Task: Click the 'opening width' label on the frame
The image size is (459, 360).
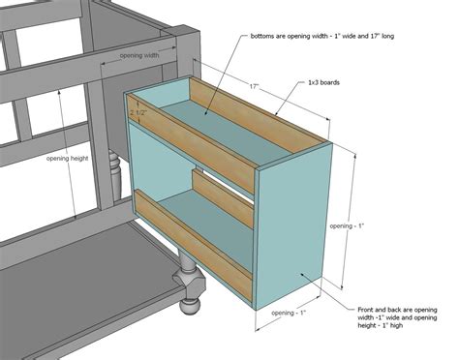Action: click(141, 57)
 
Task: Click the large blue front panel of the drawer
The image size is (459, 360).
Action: click(293, 227)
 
